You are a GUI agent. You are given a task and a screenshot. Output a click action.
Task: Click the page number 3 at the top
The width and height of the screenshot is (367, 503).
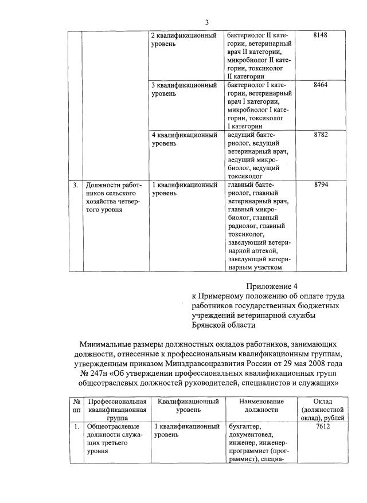pyautogui.click(x=207, y=22)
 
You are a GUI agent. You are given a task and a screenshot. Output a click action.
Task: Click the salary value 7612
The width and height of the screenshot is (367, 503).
pyautogui.click(x=322, y=427)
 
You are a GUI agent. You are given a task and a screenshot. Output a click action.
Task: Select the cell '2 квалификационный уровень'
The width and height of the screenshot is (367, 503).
pyautogui.click(x=183, y=40)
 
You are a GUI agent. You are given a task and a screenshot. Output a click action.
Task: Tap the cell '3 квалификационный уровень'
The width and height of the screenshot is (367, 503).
pyautogui.click(x=183, y=89)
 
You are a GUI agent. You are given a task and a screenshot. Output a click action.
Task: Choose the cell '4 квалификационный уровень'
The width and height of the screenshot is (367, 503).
pyautogui.click(x=183, y=139)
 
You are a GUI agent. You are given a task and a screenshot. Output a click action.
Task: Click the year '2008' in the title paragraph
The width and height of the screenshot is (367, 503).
pyautogui.click(x=312, y=363)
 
